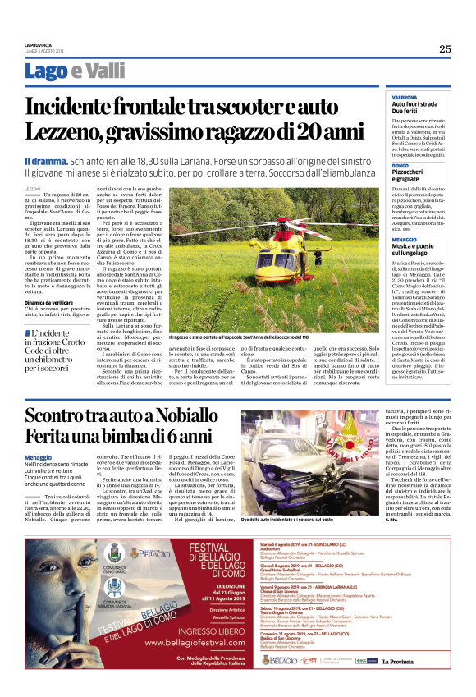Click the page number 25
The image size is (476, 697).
click(x=444, y=48)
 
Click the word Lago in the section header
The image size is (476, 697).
click(x=46, y=71)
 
